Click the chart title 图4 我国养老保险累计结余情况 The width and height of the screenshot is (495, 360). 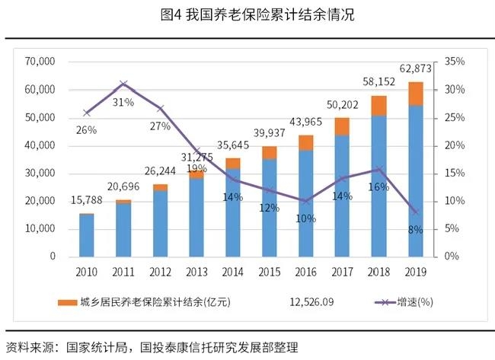tap(248, 14)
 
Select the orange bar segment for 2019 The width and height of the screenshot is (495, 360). tap(416, 94)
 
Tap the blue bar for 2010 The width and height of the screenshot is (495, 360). tap(87, 236)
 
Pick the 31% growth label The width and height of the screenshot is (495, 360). tap(123, 101)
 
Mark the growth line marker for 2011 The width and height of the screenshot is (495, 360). tap(123, 84)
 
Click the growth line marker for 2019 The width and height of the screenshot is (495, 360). tap(416, 212)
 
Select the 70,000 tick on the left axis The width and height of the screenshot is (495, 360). tap(40, 62)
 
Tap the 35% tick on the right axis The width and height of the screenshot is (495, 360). tap(455, 62)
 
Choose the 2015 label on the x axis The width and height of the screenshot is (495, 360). tap(270, 272)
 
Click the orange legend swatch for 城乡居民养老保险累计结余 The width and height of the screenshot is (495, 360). tap(67, 303)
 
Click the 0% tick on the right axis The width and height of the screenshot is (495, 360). tap(452, 256)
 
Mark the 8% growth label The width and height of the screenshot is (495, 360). tap(415, 230)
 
